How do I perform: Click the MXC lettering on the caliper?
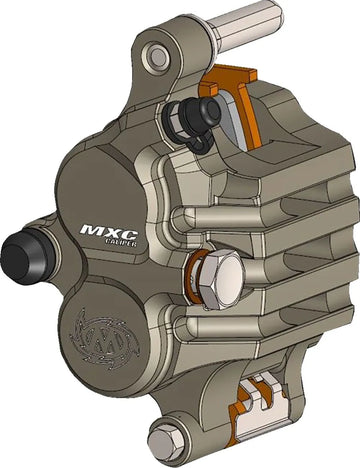tap(108, 230)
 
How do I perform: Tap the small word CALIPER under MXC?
tap(122, 242)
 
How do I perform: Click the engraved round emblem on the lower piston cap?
tap(104, 339)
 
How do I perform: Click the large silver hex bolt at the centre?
tap(222, 279)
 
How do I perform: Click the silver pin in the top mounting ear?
tap(158, 57)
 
